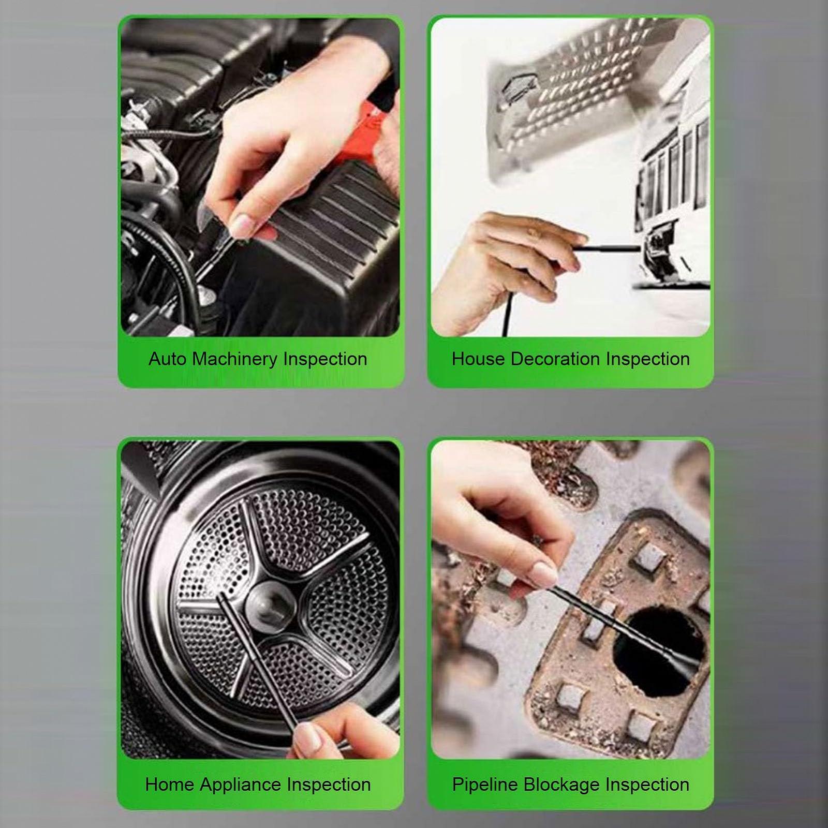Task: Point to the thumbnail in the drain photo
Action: (543, 574)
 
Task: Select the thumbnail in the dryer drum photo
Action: (309, 737)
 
